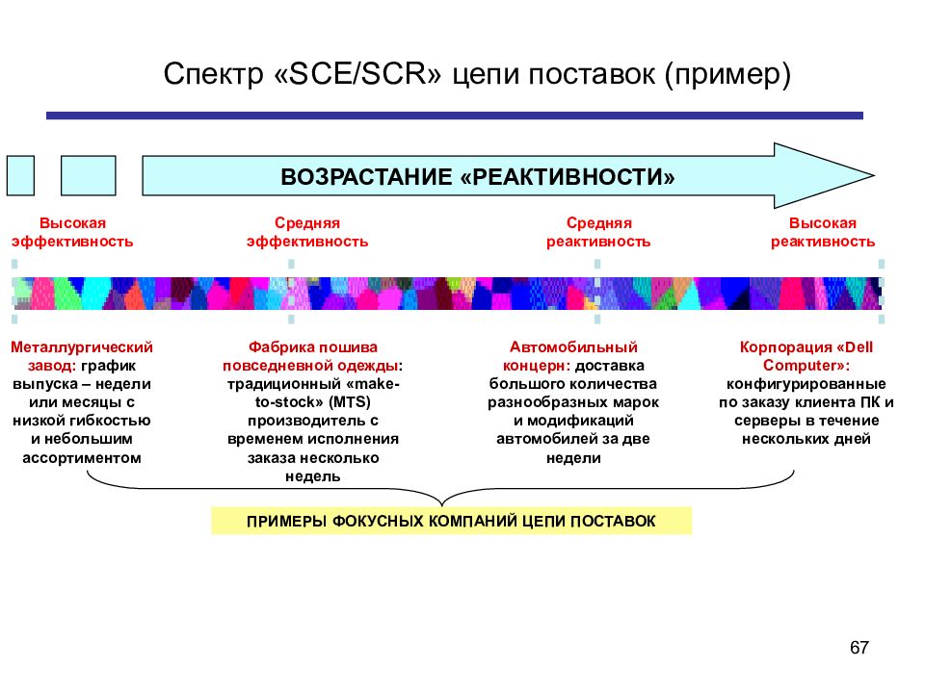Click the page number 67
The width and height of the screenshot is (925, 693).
(859, 647)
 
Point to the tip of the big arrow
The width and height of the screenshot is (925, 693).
(874, 175)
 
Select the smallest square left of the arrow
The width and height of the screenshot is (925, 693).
(20, 175)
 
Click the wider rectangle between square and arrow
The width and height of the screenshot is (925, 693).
(89, 175)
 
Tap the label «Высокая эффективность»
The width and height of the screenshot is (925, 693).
(72, 232)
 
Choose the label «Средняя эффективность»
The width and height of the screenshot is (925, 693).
(306, 232)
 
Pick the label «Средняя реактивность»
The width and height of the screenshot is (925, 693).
(598, 232)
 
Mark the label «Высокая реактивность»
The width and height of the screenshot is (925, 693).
(822, 232)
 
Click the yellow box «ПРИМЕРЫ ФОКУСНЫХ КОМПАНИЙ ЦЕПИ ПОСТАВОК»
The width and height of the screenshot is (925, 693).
(451, 521)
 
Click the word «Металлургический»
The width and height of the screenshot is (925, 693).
(81, 347)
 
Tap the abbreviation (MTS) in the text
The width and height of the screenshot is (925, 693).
(350, 402)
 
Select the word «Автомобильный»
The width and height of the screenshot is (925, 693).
(573, 347)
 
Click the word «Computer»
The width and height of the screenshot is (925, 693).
(803, 366)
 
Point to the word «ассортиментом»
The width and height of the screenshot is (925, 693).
(81, 458)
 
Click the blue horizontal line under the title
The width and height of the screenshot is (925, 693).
(454, 115)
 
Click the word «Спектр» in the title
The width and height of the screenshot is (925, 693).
(214, 75)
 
